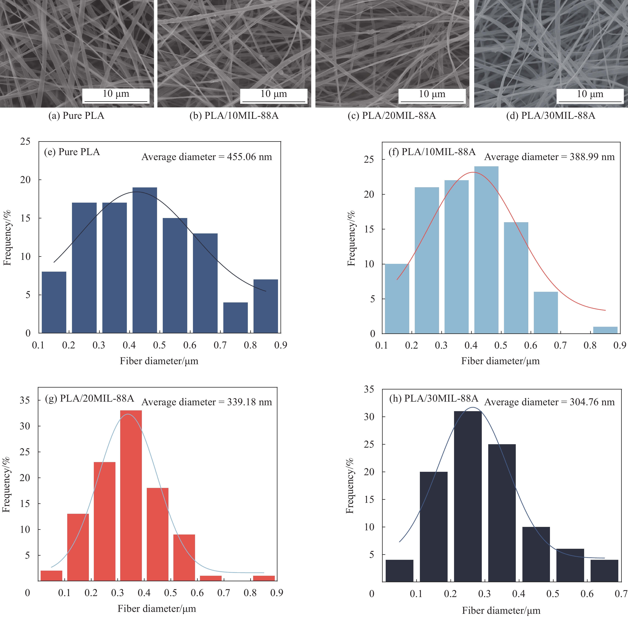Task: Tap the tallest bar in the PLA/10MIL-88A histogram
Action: click(x=486, y=250)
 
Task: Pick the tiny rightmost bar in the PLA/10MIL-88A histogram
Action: click(x=605, y=330)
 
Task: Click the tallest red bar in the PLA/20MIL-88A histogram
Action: click(x=131, y=496)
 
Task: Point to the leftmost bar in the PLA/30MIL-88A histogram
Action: click(x=400, y=570)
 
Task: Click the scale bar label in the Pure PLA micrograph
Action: click(x=116, y=94)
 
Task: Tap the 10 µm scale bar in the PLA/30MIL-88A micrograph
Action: click(x=590, y=102)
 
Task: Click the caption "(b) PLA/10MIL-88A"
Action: click(x=234, y=116)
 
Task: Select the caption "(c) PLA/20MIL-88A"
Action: click(x=392, y=116)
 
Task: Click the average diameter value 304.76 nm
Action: click(x=592, y=402)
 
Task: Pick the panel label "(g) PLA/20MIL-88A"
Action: click(x=89, y=398)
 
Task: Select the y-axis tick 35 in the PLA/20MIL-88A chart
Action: click(x=25, y=400)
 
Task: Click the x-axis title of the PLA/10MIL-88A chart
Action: click(x=500, y=361)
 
